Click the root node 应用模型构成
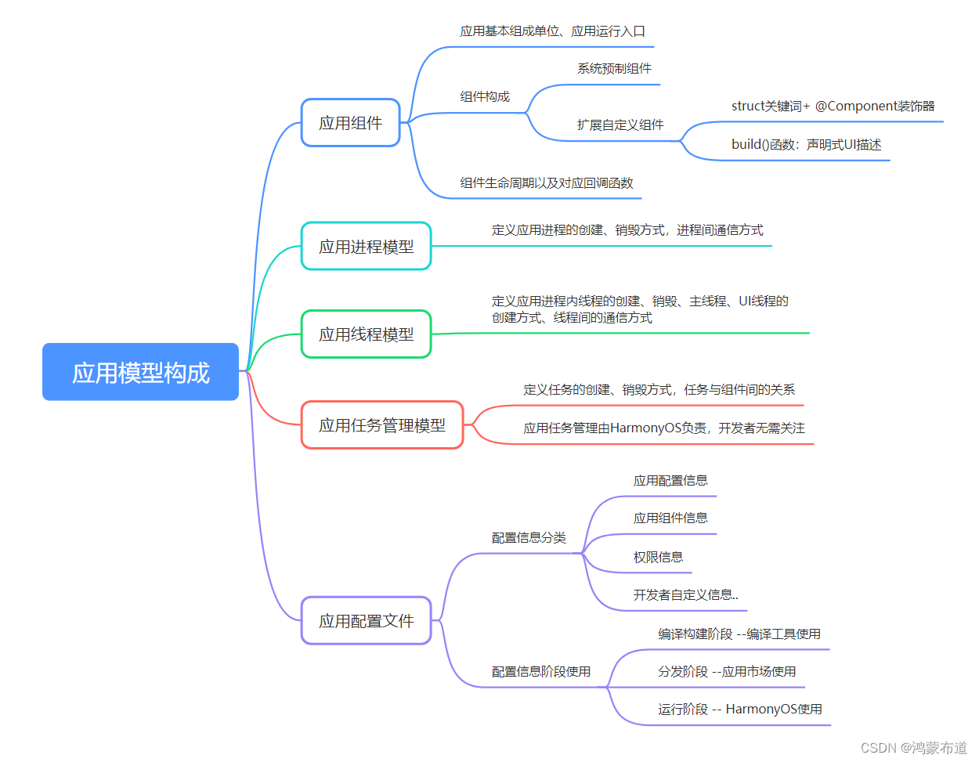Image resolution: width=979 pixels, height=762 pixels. (x=140, y=372)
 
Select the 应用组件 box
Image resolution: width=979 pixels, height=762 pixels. (x=351, y=123)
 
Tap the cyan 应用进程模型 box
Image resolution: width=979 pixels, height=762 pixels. (x=366, y=247)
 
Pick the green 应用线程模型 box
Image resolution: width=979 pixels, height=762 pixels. (x=366, y=334)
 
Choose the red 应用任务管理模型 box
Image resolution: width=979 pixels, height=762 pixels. (x=382, y=425)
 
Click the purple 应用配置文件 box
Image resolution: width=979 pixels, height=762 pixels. (x=366, y=621)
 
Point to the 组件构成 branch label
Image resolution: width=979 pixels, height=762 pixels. (x=485, y=96)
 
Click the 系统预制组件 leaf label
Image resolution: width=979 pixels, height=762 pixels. (x=614, y=69)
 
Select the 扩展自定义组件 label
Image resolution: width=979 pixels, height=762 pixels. (x=620, y=125)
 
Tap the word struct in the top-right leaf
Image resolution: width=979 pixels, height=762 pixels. (x=747, y=107)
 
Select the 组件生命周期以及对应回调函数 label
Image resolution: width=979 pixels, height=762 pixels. (x=546, y=183)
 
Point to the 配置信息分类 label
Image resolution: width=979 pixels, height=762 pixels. (x=529, y=538)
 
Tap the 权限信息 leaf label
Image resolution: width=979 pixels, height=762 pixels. (x=658, y=558)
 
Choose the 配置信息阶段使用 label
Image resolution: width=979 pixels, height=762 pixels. (x=540, y=672)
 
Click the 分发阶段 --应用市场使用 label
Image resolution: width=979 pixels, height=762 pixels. (x=727, y=672)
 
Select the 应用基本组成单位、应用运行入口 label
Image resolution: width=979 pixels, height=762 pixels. (x=552, y=31)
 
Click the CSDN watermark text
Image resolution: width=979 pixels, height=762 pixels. (x=878, y=748)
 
